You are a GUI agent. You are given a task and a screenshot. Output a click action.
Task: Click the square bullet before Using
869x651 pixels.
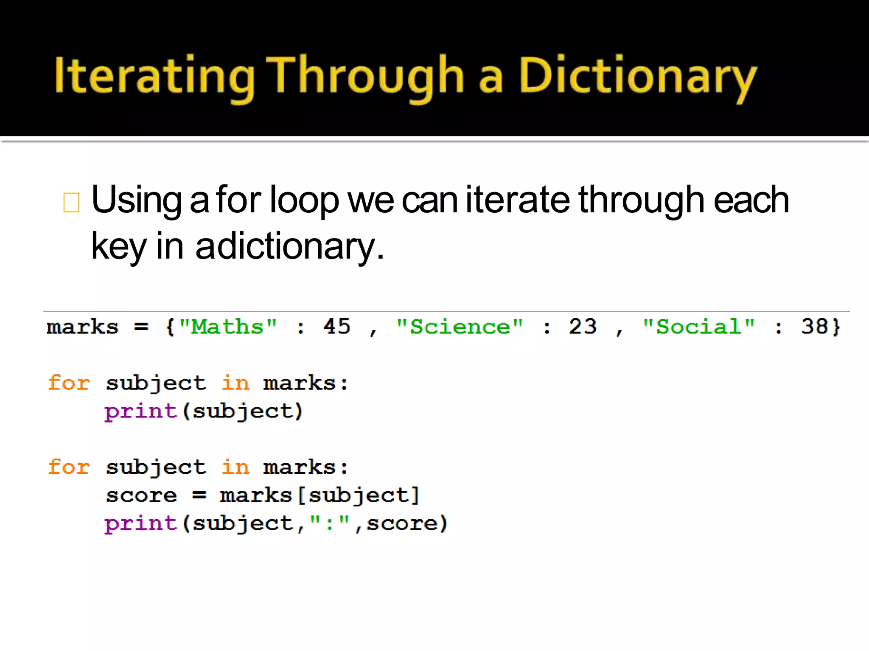click(71, 202)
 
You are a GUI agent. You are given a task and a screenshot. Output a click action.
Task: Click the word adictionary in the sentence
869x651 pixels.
click(289, 247)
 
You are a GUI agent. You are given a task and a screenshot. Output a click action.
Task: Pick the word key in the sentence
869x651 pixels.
click(118, 247)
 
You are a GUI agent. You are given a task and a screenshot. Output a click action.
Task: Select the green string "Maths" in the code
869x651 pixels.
click(228, 327)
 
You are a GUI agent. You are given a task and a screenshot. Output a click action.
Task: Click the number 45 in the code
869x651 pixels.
click(337, 327)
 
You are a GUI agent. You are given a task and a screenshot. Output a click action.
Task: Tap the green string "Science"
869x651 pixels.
click(460, 327)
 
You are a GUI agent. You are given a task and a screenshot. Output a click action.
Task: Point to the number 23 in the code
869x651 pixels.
click(583, 327)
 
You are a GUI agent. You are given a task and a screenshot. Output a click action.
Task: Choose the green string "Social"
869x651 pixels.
click(698, 327)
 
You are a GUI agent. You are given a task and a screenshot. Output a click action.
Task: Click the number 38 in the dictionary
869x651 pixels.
click(814, 327)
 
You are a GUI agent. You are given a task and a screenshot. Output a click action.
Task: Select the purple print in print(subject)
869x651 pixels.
click(140, 412)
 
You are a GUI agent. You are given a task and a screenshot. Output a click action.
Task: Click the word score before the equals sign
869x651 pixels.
click(141, 495)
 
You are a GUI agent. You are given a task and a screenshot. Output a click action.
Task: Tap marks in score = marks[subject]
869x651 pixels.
click(256, 495)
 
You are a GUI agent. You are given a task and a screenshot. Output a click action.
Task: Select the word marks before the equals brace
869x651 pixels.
click(82, 327)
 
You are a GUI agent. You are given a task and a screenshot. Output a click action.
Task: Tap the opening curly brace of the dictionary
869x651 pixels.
click(170, 327)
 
